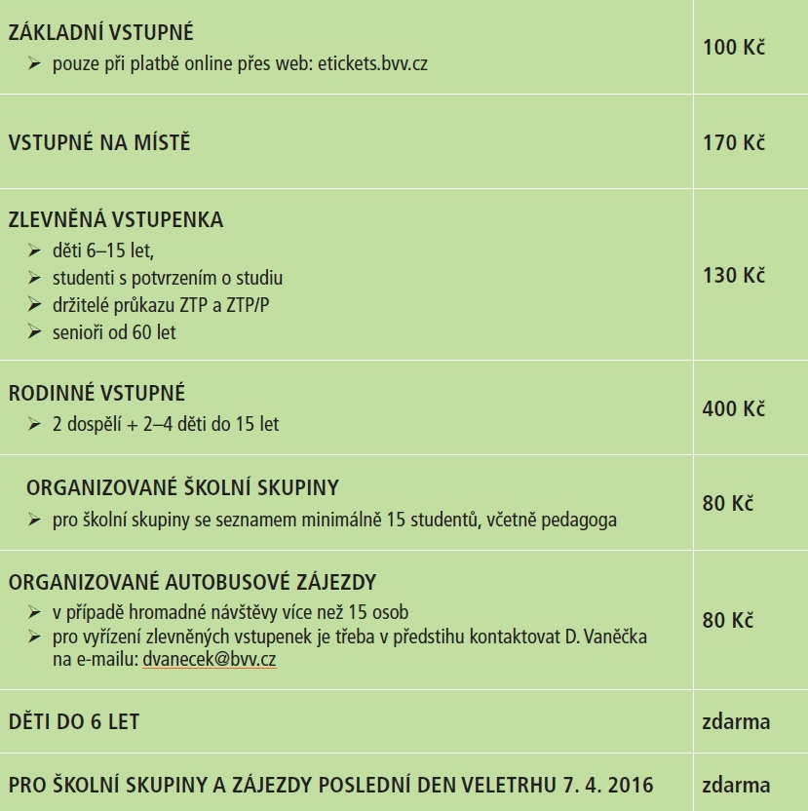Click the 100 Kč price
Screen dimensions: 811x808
[734, 47]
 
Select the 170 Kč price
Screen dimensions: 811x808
[734, 143]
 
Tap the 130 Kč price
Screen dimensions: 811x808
[734, 275]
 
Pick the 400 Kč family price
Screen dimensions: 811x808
[734, 408]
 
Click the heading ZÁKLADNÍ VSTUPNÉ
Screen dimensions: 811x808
[101, 33]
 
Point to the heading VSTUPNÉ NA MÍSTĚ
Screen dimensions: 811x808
[99, 143]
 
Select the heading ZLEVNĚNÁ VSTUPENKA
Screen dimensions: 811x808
[116, 220]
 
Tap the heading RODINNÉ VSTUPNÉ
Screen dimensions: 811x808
[96, 394]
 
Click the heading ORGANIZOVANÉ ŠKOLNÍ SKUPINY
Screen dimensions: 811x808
[182, 487]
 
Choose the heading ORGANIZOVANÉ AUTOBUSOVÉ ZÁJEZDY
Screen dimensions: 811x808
[192, 583]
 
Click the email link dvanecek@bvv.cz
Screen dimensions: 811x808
[209, 659]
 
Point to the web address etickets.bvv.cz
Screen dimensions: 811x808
[373, 64]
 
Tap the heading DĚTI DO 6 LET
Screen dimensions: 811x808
[74, 722]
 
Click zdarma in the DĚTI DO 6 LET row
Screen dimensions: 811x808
[736, 722]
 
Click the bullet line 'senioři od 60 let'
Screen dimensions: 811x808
[114, 332]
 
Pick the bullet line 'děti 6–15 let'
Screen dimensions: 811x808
[103, 251]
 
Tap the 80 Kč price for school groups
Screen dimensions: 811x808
[728, 504]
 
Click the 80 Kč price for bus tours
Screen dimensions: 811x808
[728, 620]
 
